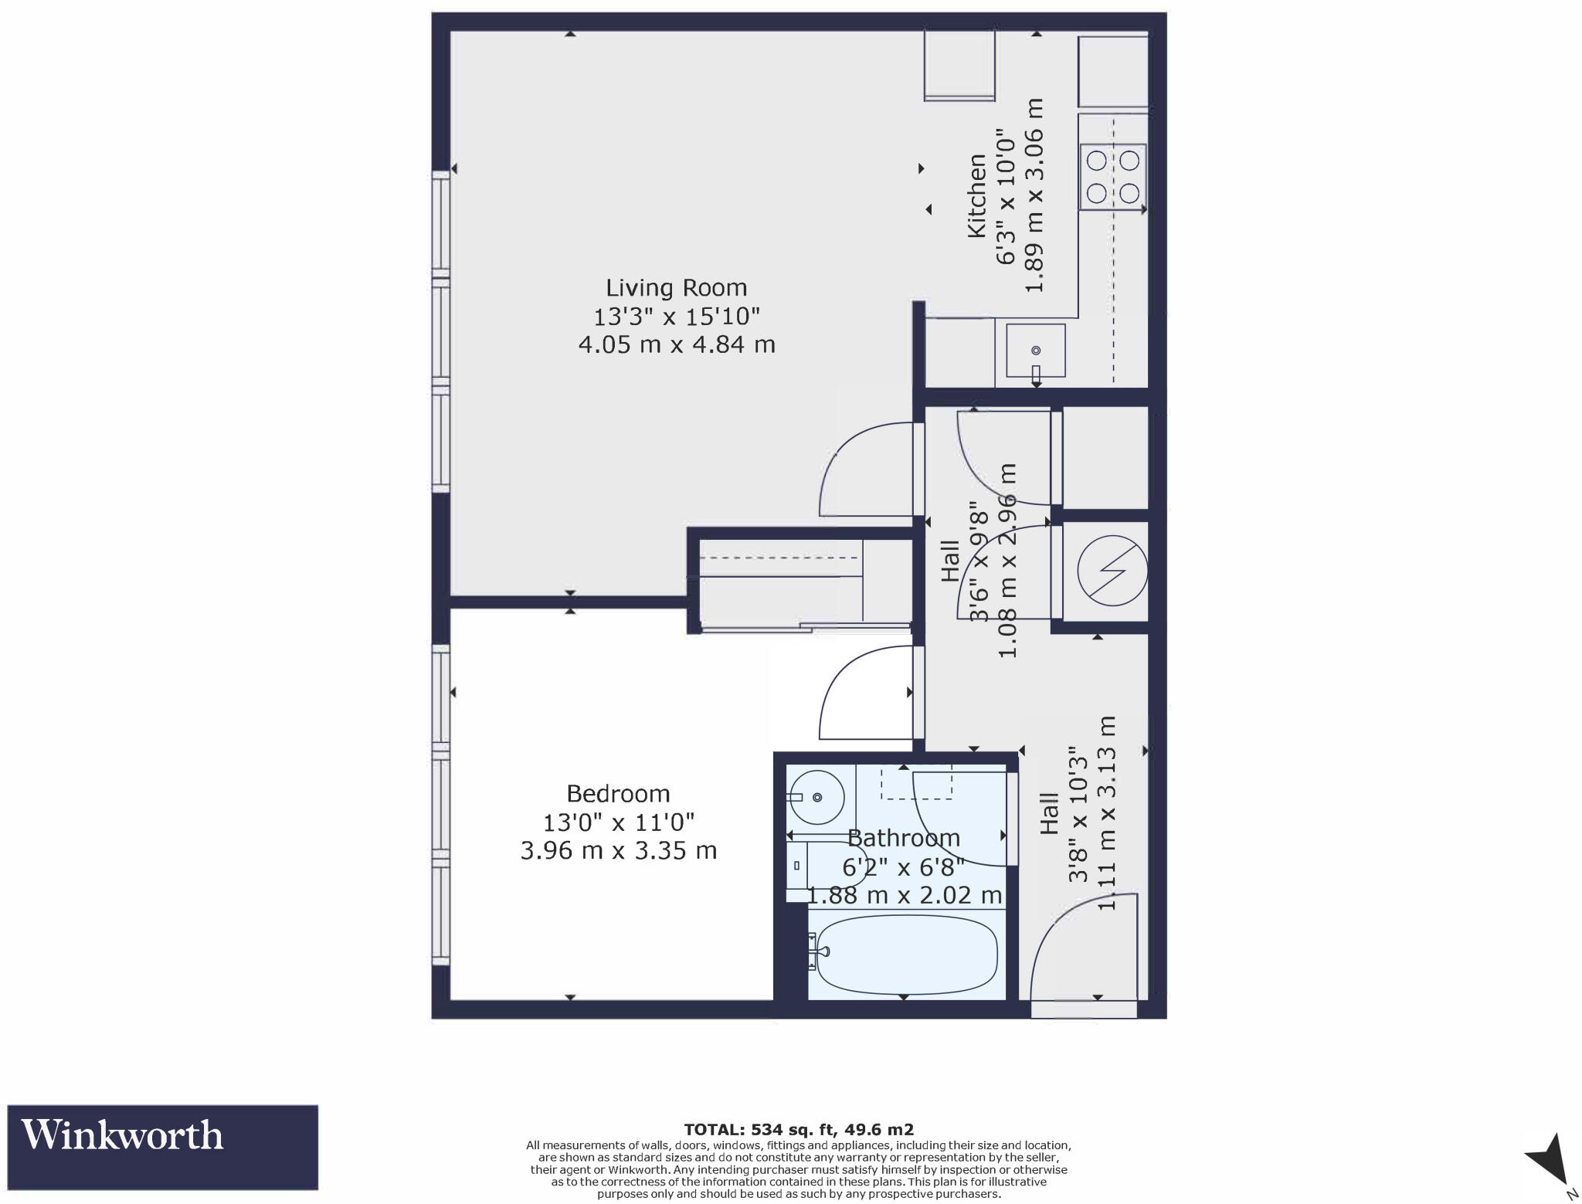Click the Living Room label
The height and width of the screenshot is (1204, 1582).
tap(676, 288)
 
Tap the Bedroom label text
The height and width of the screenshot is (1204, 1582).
tap(618, 794)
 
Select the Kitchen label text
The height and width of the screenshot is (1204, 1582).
tap(977, 196)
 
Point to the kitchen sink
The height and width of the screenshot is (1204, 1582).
tap(1036, 351)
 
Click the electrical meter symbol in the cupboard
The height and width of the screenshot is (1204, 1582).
tap(1112, 571)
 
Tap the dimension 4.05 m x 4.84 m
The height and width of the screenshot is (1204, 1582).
tap(677, 344)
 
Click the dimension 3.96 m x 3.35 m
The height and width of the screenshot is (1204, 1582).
tap(618, 851)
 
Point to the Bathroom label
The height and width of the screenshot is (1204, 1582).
tap(903, 838)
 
